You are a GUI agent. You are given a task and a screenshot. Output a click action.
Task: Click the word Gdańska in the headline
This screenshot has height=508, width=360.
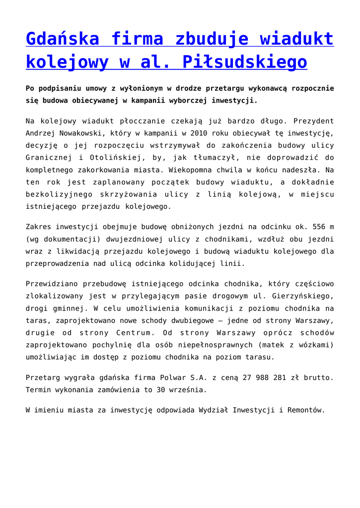62,38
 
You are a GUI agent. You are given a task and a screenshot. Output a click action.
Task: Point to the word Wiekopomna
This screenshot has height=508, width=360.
182,169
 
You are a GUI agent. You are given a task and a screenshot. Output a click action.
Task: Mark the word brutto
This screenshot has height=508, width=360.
316,378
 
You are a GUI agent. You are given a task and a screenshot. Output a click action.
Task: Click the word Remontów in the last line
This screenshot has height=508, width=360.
305,410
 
